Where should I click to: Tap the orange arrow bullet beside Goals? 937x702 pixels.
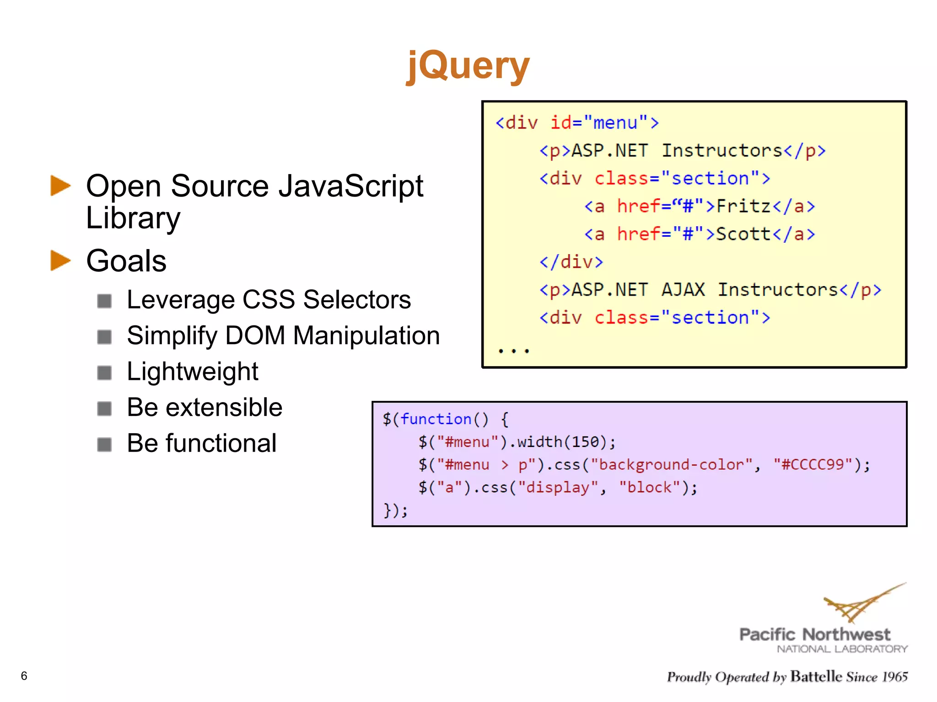tap(60, 261)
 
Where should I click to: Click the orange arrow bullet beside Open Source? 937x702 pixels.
tap(60, 186)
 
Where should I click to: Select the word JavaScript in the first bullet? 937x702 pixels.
tap(351, 186)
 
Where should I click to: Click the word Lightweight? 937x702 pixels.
tap(192, 371)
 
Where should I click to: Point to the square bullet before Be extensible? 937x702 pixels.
tap(105, 408)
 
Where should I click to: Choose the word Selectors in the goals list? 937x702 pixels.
tap(357, 300)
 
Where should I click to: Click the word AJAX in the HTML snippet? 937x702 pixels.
tap(683, 290)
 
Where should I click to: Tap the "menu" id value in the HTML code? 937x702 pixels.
tap(615, 123)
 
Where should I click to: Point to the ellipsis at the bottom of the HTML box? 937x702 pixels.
tap(514, 351)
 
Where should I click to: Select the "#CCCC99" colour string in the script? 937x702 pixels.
tap(813, 465)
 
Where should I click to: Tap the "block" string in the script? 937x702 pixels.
tap(650, 488)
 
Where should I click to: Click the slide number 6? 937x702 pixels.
tap(24, 675)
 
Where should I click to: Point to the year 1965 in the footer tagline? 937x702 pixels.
tap(895, 677)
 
